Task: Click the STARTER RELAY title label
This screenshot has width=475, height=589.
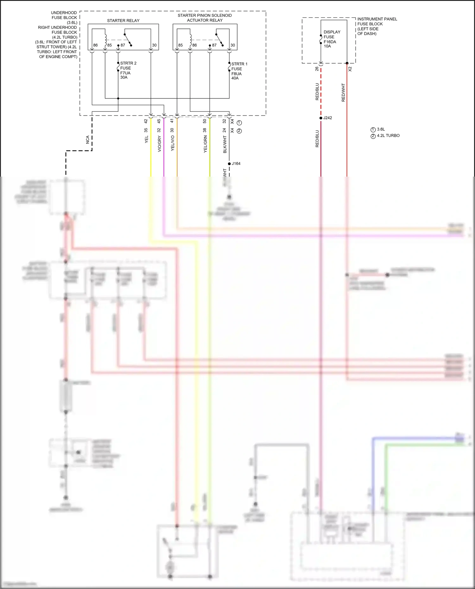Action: coord(123,21)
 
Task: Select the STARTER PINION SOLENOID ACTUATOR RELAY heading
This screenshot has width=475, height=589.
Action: coord(205,18)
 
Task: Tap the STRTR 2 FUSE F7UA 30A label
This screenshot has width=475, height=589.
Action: coord(128,70)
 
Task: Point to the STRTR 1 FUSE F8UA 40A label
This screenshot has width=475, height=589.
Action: coord(239,71)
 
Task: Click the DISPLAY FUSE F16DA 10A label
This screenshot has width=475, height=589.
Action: coord(332,39)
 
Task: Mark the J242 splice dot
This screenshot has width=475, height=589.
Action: coord(321,118)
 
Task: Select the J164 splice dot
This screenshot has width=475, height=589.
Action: coord(229,164)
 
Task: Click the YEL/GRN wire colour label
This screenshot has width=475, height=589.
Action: coord(205,144)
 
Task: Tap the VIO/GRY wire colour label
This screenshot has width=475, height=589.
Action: coord(159,144)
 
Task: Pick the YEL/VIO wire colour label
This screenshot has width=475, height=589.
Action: coord(173,143)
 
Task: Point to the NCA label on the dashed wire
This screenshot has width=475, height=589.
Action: coord(88,140)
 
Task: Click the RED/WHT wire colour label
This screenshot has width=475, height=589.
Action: coord(343,92)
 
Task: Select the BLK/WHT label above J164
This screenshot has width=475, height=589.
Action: coord(225,144)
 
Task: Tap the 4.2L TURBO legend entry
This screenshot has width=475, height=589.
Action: coord(388,135)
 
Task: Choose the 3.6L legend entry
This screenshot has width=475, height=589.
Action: coord(381,129)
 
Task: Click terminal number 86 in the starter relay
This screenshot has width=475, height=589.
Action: coord(95,45)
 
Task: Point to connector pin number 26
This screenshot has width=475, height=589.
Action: coord(317,69)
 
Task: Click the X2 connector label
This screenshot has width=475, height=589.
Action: coord(350,69)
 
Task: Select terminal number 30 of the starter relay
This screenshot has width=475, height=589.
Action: coord(154,45)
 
